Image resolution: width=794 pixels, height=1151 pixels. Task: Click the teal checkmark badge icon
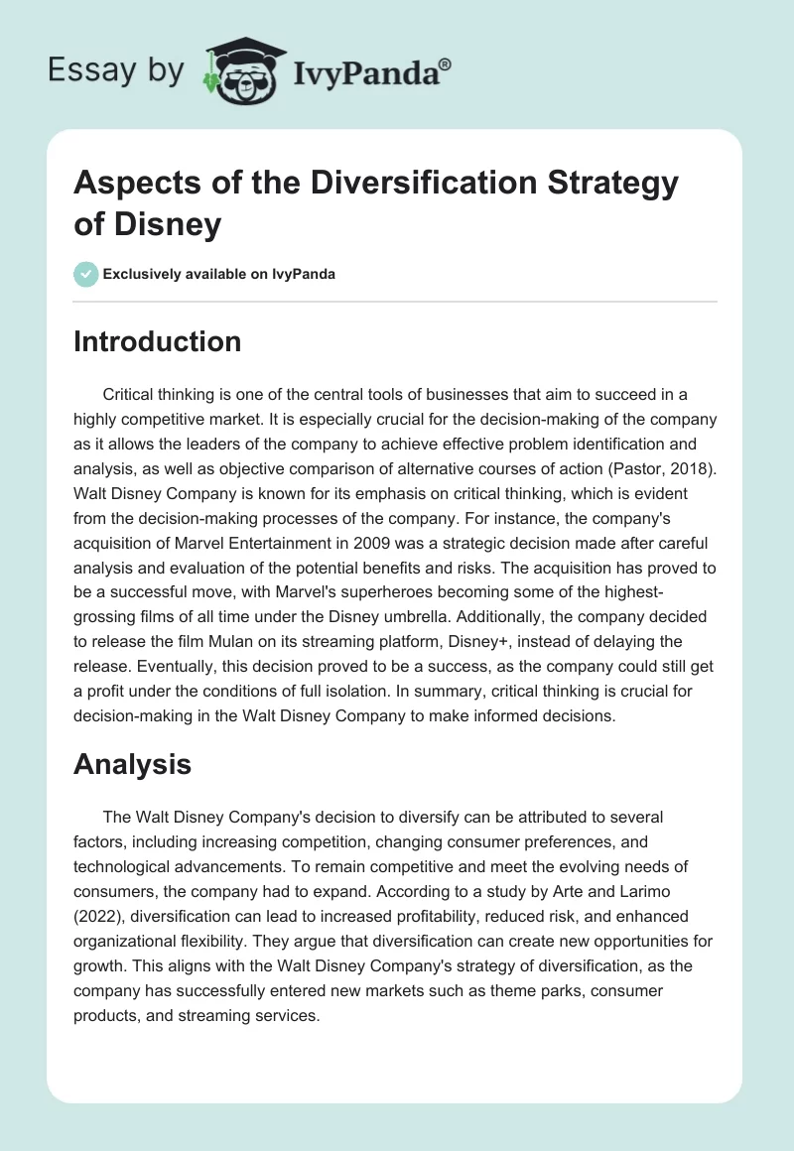[x=86, y=274]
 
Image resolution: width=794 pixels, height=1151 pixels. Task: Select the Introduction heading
[x=158, y=342]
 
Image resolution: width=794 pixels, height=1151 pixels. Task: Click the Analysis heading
[x=132, y=764]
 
